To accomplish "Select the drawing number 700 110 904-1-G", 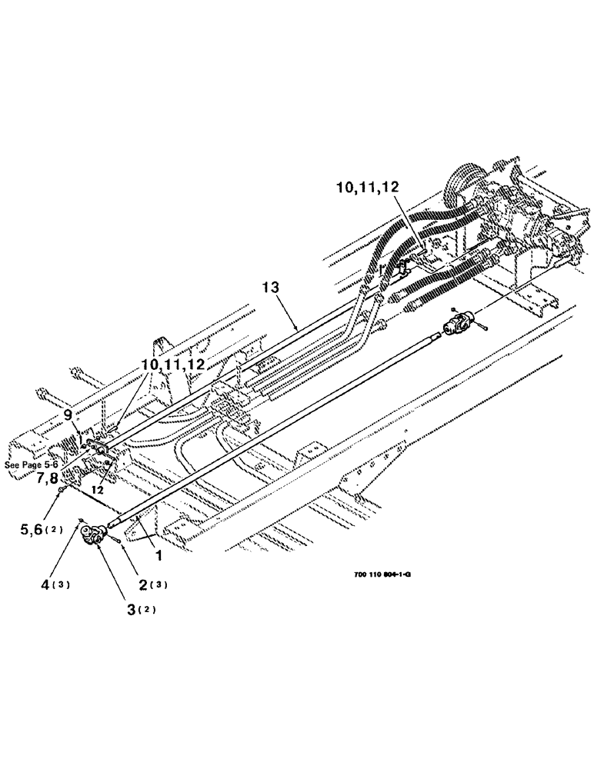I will (x=376, y=572).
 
